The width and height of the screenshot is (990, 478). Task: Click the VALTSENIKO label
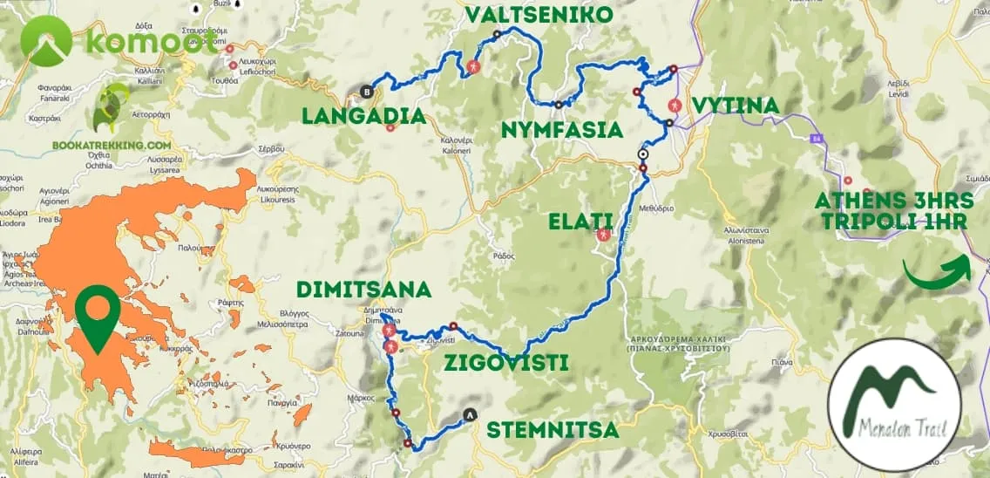coord(539,15)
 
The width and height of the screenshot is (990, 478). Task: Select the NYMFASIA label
coord(562,130)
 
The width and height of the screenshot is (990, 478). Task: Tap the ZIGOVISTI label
coord(505,362)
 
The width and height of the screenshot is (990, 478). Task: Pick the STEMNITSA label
coord(553,430)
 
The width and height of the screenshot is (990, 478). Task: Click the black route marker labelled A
coord(471,415)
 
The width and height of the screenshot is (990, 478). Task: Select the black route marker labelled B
coord(367,91)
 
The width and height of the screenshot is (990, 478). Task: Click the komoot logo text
coord(152,40)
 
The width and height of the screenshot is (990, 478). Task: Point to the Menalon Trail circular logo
coord(894,405)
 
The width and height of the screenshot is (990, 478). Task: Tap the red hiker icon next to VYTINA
coord(674,106)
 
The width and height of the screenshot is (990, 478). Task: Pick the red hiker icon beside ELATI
coord(602,234)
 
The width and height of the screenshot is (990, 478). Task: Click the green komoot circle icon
coord(45,41)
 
